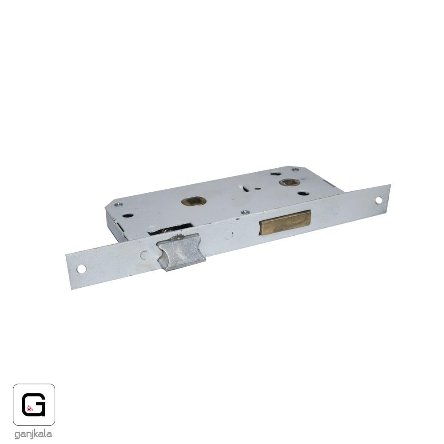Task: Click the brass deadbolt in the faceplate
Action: [x=285, y=222]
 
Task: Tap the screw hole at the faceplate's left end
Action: [x=82, y=269]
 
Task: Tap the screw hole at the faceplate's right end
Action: [x=379, y=201]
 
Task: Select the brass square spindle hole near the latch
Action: [x=194, y=202]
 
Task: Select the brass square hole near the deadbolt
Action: [x=289, y=182]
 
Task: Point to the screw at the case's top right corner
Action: [x=295, y=170]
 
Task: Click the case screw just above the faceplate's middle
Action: [x=245, y=212]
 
